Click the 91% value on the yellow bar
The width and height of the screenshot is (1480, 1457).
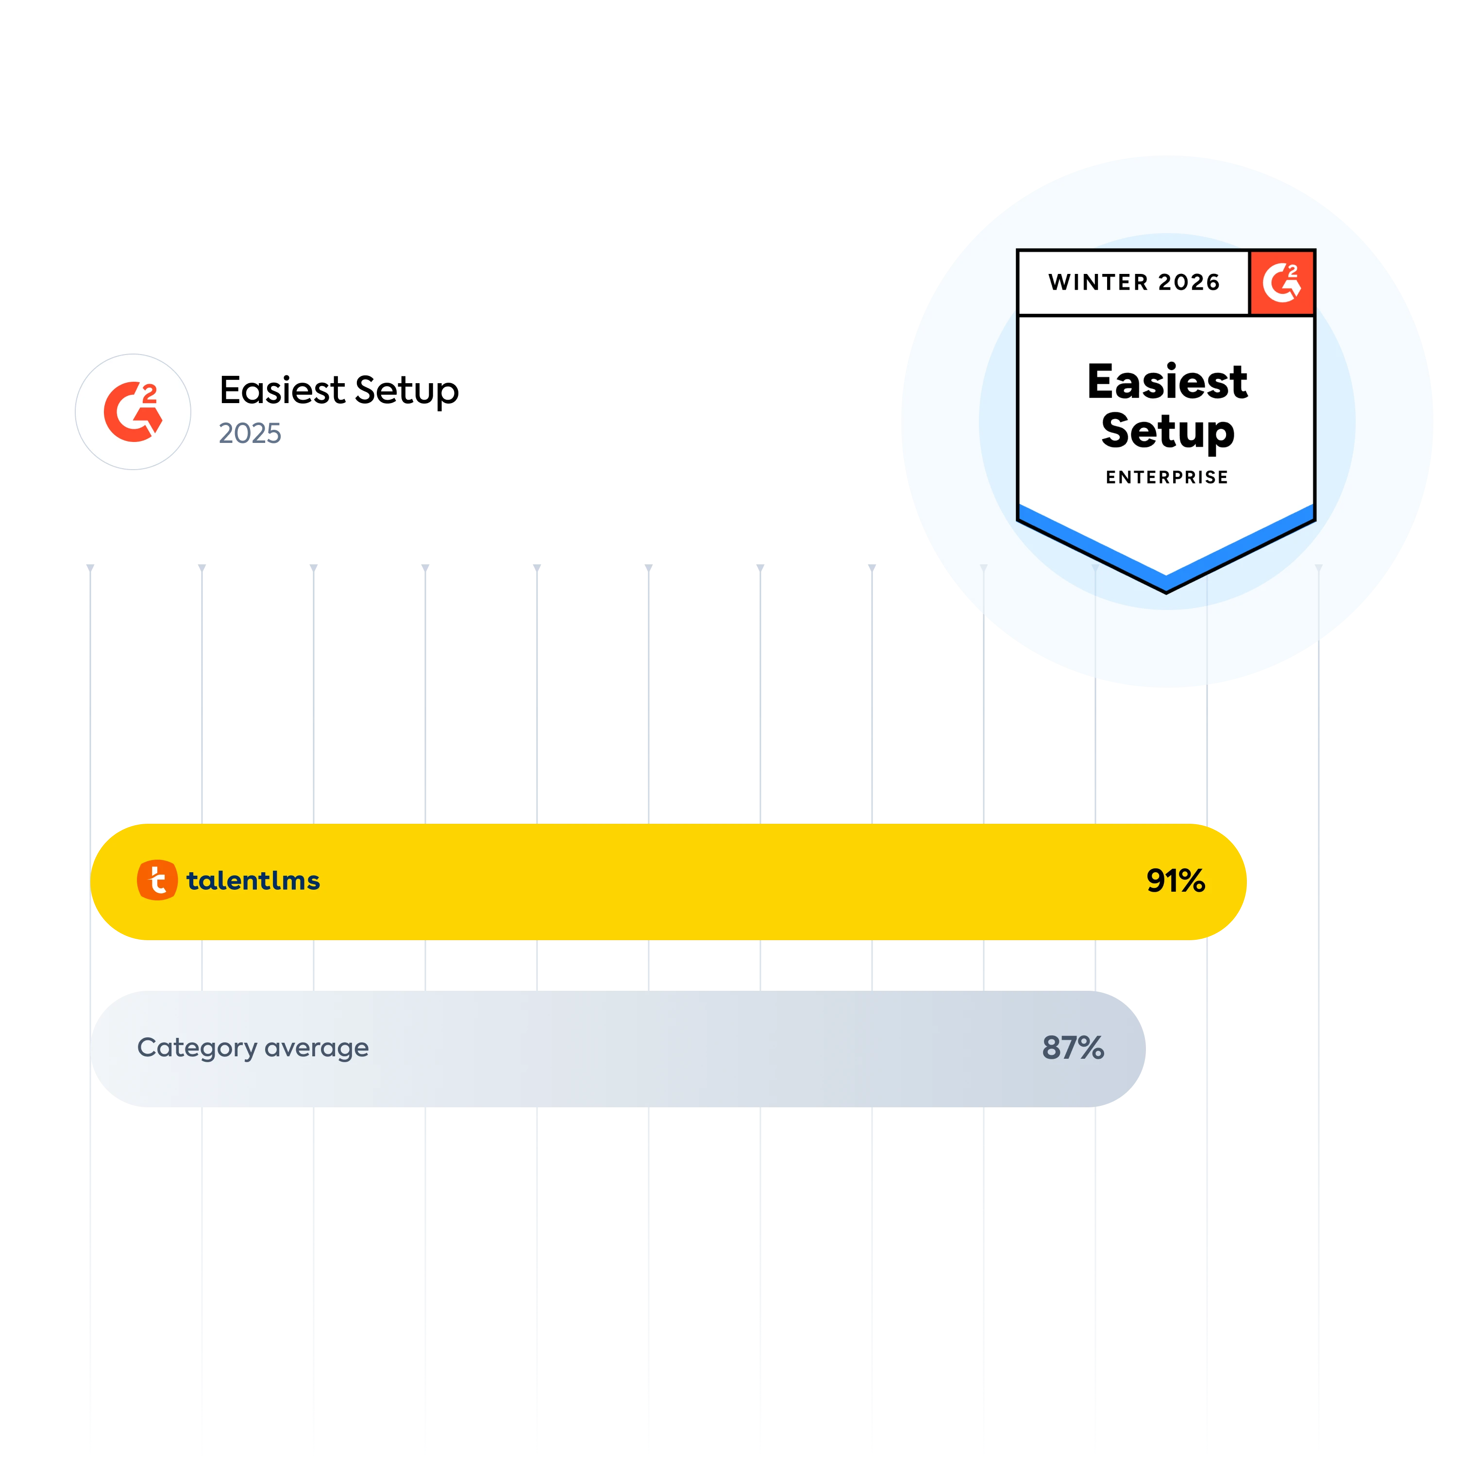click(1176, 881)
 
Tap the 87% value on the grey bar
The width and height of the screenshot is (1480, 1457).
click(1073, 1048)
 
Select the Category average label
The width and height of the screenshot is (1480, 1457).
click(252, 1048)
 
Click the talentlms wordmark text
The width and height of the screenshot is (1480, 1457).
click(253, 881)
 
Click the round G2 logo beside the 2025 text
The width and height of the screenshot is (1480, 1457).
click(133, 412)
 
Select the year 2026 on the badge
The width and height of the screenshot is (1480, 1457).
click(1189, 282)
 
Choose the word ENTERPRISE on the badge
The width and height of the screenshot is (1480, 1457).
click(1167, 477)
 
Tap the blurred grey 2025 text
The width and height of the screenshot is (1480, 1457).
click(250, 432)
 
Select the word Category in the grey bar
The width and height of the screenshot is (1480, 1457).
click(197, 1048)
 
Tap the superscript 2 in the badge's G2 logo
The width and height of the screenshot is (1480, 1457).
click(1293, 271)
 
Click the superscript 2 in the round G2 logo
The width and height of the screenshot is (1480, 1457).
click(150, 393)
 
